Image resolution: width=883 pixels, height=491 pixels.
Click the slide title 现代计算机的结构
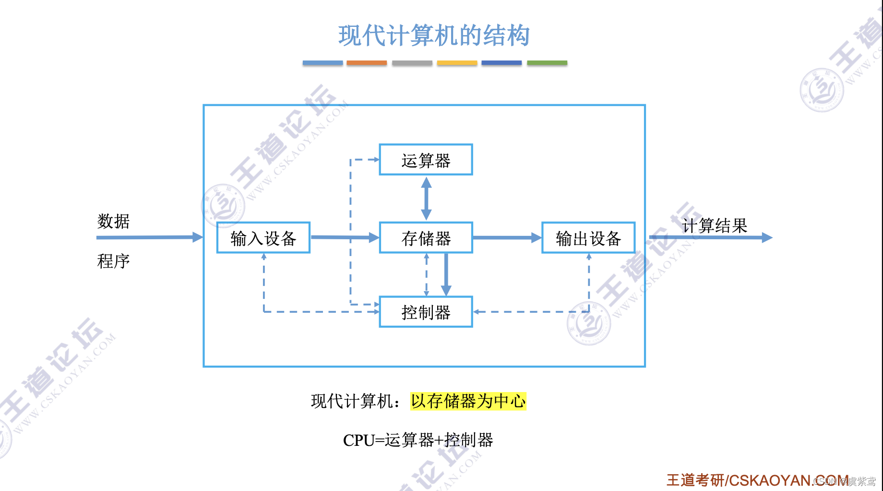434,36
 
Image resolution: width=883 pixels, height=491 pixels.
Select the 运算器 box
426,160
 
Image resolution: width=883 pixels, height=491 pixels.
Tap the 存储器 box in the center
426,238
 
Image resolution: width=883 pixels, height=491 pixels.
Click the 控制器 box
426,312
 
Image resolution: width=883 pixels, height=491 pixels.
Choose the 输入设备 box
263,238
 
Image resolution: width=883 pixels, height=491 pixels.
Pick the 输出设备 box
588,238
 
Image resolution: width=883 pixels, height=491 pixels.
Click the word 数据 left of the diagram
113,221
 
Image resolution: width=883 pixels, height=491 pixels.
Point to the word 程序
113,261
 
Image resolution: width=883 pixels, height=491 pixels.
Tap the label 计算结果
715,225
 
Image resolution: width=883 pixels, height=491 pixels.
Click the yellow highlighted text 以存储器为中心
468,401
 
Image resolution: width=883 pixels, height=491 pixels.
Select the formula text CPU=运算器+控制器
418,440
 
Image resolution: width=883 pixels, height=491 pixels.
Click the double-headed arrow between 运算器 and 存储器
426,198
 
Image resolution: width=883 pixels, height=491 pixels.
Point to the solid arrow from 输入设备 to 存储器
345,237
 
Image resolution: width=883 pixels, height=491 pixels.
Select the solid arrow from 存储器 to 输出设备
507,237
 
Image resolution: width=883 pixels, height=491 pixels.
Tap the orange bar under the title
367,63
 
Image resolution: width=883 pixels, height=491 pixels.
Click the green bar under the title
547,63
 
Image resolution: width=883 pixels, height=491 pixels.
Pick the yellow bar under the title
457,63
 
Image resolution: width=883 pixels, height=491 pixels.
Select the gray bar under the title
412,63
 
